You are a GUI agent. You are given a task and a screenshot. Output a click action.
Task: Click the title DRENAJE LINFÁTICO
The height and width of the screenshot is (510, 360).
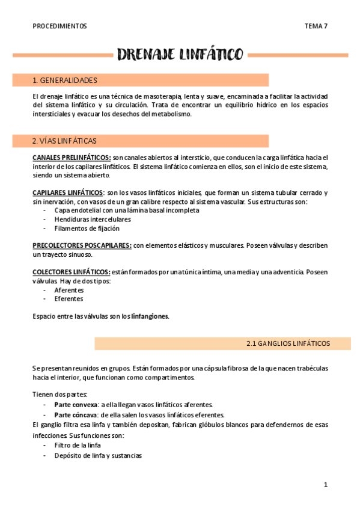coord(180,56)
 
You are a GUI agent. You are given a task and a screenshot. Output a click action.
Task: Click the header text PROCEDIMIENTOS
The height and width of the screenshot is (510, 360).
coord(59,26)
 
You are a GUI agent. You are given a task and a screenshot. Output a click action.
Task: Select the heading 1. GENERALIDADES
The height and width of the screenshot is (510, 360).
coord(65,80)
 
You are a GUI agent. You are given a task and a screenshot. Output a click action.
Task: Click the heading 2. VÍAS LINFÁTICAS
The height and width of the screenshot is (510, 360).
coord(64,141)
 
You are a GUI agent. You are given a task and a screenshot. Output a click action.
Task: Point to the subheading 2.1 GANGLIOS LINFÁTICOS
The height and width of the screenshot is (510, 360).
coord(288,343)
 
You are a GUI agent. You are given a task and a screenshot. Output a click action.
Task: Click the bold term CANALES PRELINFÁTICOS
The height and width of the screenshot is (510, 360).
coord(72,158)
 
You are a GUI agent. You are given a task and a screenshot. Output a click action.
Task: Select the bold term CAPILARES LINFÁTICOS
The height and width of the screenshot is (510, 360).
coord(67,192)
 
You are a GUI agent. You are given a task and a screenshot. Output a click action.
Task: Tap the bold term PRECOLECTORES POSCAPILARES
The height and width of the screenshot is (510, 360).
coord(82,245)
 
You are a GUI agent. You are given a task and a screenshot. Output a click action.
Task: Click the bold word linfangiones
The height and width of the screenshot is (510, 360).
coord(150,316)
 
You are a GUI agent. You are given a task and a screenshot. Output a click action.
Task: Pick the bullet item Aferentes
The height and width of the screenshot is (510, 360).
coord(69,290)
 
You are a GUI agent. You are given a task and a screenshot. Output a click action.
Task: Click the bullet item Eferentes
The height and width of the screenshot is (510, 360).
coord(68,299)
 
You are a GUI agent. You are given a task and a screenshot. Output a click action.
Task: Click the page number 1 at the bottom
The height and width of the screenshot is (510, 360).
coord(325,485)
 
